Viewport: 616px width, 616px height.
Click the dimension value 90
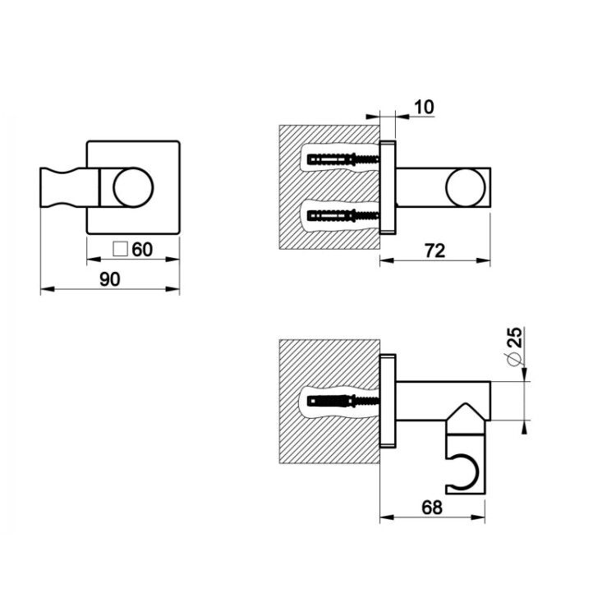pyautogui.click(x=109, y=279)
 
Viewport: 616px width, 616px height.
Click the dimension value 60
pyautogui.click(x=142, y=250)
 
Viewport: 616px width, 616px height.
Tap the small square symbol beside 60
pyautogui.click(x=120, y=250)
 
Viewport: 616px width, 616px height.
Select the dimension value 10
pyautogui.click(x=424, y=107)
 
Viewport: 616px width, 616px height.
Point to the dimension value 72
pyautogui.click(x=434, y=251)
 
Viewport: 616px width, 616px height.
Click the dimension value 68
pyautogui.click(x=432, y=508)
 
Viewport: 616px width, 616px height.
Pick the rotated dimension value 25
pyautogui.click(x=514, y=337)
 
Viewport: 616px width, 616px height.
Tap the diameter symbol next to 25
pyautogui.click(x=514, y=358)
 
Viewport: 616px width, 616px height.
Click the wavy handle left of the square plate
pyautogui.click(x=69, y=187)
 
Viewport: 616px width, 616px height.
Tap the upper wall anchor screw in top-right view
pyautogui.click(x=343, y=159)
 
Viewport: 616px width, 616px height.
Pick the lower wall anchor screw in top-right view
pyautogui.click(x=343, y=215)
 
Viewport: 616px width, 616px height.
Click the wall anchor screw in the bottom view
pyautogui.click(x=343, y=401)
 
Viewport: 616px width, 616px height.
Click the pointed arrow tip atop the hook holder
pyautogui.click(x=466, y=403)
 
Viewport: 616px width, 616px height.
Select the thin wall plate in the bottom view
pyautogui.click(x=388, y=401)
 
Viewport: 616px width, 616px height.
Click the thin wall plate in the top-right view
pyautogui.click(x=388, y=187)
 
